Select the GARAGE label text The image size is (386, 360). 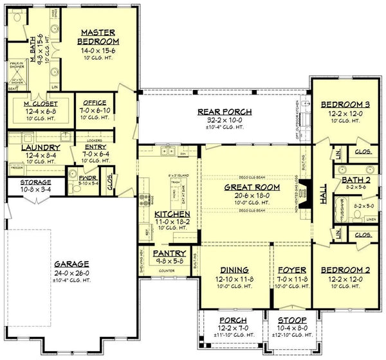coord(71,264)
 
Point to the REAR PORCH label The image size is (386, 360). coord(224,112)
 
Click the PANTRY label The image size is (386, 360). coord(169,254)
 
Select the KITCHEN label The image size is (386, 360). coord(172,213)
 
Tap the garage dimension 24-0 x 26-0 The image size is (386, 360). coord(71,272)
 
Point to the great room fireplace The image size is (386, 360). coord(308,191)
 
